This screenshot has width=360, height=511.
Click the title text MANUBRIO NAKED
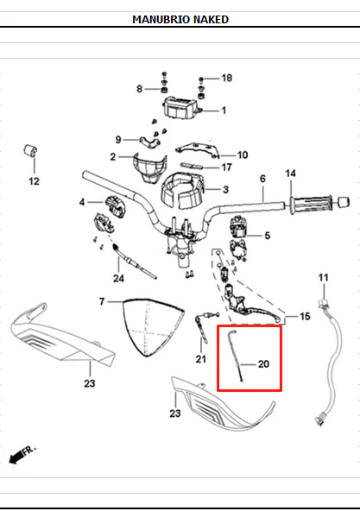[180, 20]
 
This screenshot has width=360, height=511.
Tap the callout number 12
[34, 181]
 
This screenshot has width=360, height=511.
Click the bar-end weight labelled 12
[30, 151]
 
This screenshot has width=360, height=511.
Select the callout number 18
[227, 78]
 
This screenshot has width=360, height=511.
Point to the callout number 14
[290, 173]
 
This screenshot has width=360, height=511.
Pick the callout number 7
[102, 302]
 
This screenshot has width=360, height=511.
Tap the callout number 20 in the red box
[263, 364]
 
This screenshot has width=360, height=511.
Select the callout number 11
[323, 278]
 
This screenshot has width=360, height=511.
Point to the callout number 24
[118, 278]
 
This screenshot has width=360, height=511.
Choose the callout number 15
[305, 316]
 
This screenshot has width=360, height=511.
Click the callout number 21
[201, 359]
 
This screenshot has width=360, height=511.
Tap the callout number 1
[224, 110]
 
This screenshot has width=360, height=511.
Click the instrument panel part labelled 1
[181, 107]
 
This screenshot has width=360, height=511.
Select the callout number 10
[243, 155]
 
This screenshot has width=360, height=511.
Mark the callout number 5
[268, 236]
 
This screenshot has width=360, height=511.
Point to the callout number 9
[118, 140]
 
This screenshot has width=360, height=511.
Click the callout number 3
[225, 190]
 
